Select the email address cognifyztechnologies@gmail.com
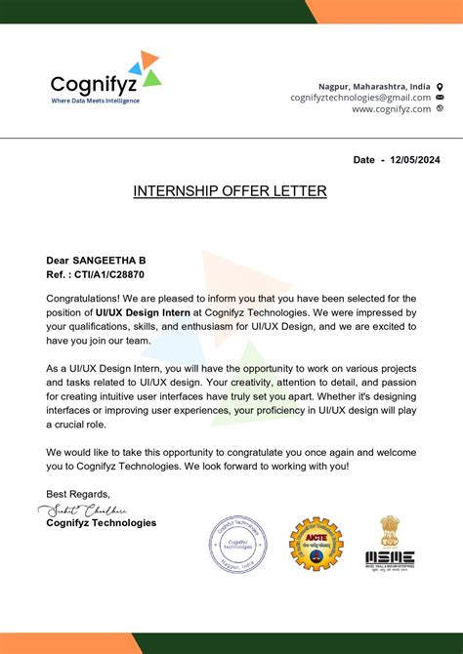point(360,98)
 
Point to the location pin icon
point(440,86)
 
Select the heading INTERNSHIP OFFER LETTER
point(230,191)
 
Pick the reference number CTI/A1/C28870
point(107,274)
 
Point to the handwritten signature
point(82,511)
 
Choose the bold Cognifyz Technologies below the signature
point(101,523)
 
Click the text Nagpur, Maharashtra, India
point(374,86)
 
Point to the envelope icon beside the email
point(440,98)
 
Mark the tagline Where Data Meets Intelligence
point(95,101)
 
